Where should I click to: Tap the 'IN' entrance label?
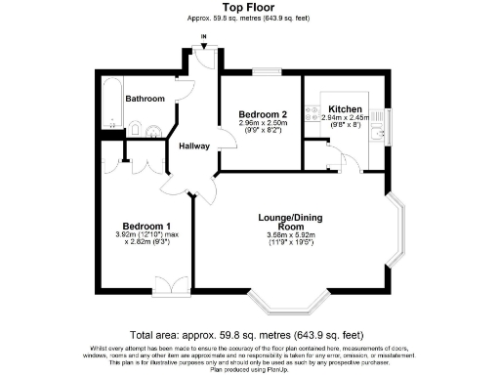click(x=203, y=38)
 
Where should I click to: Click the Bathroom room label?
click(x=145, y=99)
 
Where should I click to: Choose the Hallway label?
click(x=195, y=146)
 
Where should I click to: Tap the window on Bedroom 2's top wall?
click(x=265, y=71)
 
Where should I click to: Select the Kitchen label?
click(x=345, y=108)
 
